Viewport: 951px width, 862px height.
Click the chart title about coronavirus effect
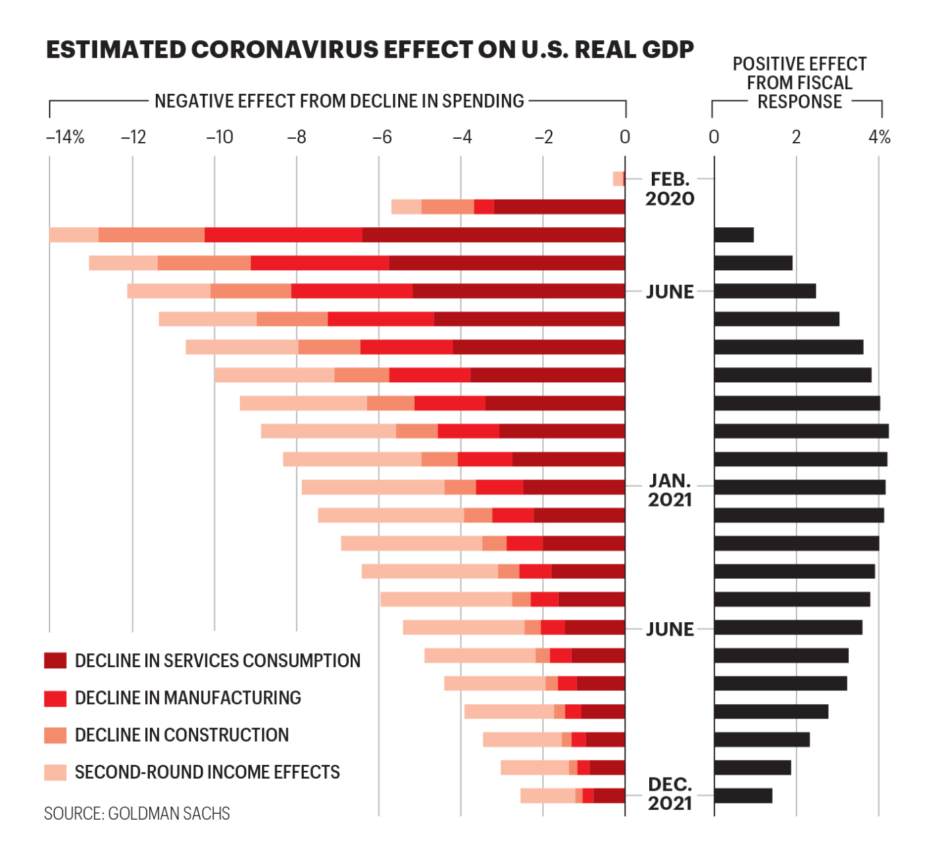click(370, 50)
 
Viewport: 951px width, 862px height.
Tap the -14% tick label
click(65, 137)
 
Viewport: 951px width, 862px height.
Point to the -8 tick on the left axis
click(297, 137)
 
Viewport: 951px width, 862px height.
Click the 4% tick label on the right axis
click(879, 137)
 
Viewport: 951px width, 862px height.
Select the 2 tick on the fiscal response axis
click(796, 137)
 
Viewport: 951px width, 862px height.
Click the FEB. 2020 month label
click(670, 189)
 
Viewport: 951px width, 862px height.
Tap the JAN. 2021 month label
click(670, 490)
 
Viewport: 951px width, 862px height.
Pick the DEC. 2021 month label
click(670, 794)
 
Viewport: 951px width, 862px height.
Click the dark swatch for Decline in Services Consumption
click(55, 661)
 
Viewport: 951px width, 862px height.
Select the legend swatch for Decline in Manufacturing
click(55, 698)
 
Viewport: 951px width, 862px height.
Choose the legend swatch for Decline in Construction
click(55, 735)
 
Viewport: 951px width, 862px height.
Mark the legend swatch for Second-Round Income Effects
click(55, 772)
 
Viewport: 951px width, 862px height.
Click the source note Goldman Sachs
click(137, 814)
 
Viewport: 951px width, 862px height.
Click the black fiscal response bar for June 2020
click(765, 291)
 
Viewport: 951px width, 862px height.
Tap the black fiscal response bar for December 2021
click(743, 796)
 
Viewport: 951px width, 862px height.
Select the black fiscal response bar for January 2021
click(800, 487)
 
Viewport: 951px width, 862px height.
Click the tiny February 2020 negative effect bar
click(619, 179)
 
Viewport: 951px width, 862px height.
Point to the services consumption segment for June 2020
click(518, 291)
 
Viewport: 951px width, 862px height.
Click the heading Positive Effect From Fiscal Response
click(799, 83)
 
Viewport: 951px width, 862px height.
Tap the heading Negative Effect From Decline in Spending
click(339, 101)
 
